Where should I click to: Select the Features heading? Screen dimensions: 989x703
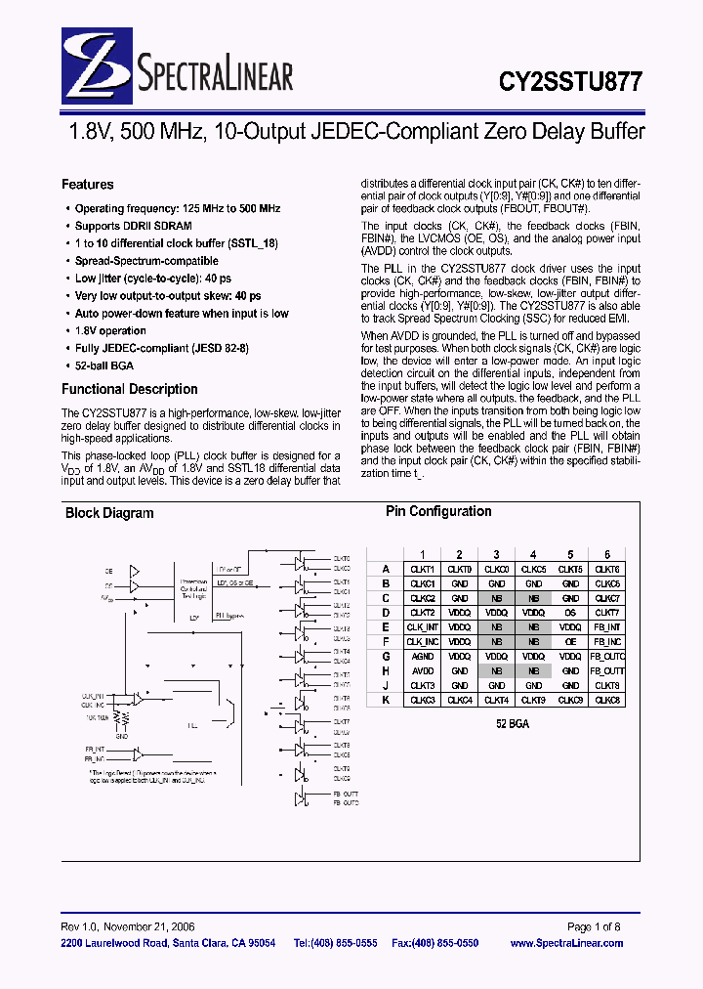click(87, 185)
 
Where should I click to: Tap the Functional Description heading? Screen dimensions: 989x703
click(129, 389)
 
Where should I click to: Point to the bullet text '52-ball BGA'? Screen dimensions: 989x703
click(104, 366)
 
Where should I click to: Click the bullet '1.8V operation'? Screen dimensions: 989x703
click(110, 331)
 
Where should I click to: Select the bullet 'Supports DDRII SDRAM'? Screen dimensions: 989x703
click(133, 226)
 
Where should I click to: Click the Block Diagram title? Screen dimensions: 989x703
click(109, 513)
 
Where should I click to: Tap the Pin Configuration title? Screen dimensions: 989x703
click(438, 511)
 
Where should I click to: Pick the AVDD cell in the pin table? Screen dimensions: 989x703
click(423, 671)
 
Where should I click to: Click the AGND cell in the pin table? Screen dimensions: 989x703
click(423, 657)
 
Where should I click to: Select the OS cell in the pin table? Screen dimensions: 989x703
click(570, 613)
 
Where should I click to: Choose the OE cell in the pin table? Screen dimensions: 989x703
click(570, 642)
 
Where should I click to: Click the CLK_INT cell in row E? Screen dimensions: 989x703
click(423, 627)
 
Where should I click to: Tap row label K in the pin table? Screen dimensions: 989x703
click(386, 701)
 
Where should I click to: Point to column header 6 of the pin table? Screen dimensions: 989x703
click(607, 554)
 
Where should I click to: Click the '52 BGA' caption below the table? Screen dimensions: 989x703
click(514, 727)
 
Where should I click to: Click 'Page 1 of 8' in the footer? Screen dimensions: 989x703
click(594, 926)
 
